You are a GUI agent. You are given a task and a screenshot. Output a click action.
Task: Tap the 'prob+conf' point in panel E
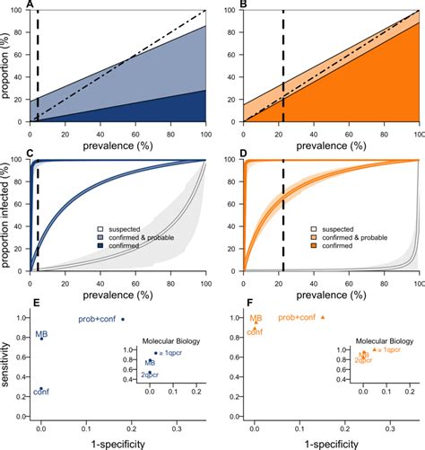[123, 318]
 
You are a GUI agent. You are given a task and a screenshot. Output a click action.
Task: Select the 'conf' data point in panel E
[40, 387]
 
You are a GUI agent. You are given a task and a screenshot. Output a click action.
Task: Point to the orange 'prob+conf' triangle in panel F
[323, 318]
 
